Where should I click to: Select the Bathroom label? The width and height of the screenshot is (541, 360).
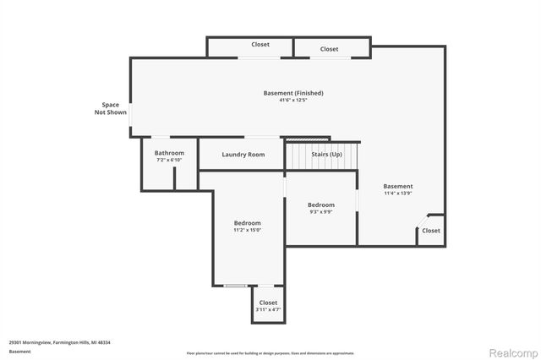pos(169,153)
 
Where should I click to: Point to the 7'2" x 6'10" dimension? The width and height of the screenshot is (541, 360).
pos(169,160)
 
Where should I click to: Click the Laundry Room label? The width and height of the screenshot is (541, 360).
pos(243,155)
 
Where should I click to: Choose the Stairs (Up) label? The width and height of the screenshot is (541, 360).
pos(326,155)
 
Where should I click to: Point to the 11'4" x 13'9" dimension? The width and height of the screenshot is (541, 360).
pos(398,194)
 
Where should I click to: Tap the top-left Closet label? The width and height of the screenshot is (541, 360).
pos(260,45)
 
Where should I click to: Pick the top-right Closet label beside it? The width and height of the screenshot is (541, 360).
pos(329,49)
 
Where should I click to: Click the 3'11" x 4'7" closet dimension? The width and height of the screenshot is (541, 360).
pos(268,310)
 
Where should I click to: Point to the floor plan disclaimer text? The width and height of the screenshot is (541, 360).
pos(270,352)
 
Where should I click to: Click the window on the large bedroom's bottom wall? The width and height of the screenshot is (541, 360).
pos(235,286)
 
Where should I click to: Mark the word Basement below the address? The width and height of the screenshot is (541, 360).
pos(20,351)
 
